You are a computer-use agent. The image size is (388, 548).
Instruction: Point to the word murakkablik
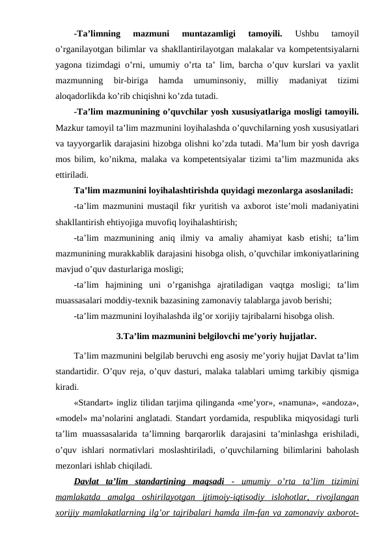coord(140,254)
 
